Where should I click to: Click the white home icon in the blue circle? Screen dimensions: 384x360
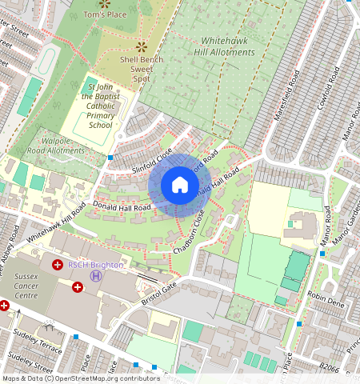coord(180,185)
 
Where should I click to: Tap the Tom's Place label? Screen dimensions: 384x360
coord(105,14)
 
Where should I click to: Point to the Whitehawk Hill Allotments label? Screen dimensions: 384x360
coord(217,45)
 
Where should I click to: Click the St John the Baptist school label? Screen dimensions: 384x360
coord(101,105)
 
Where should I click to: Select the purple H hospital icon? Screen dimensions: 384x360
coord(96,276)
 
